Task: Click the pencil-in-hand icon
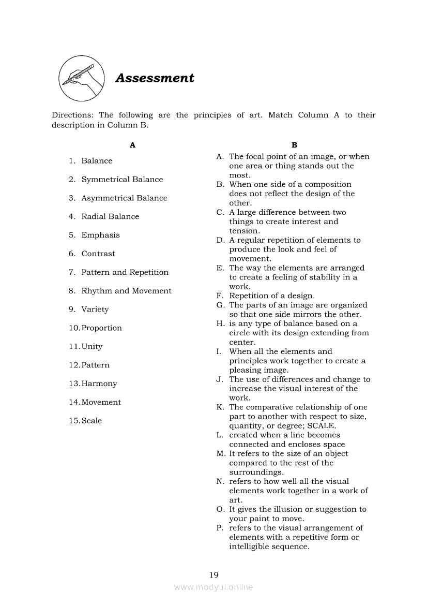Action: (x=80, y=79)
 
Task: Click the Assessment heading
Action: (x=155, y=78)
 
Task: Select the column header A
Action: (x=132, y=145)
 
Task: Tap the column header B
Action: (x=294, y=145)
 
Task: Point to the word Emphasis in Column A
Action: (x=100, y=235)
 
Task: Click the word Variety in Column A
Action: (x=95, y=309)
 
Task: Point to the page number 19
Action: (x=213, y=574)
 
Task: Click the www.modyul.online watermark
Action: (x=213, y=587)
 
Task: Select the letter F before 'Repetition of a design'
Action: (x=220, y=296)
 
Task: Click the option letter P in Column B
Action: (x=220, y=528)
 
